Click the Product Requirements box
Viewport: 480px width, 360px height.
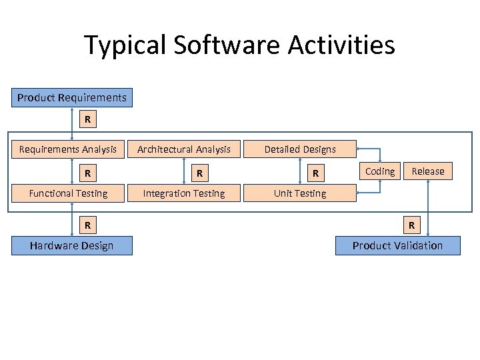(72, 98)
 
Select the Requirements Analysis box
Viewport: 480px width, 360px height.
(67, 149)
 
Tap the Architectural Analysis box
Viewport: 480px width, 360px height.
(183, 149)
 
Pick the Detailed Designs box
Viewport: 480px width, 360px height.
(300, 149)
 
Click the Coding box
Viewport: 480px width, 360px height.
(380, 171)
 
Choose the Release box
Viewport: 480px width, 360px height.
(427, 171)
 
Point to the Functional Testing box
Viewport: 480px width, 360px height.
(67, 193)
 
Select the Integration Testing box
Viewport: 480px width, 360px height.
(183, 193)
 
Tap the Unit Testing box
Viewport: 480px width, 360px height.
(300, 193)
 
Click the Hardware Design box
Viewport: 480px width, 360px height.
(72, 245)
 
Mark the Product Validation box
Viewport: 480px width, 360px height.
(397, 245)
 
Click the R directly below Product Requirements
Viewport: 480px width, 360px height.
(86, 121)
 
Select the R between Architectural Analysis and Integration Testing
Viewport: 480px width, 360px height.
(198, 174)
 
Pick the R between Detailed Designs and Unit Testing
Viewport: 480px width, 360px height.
(317, 174)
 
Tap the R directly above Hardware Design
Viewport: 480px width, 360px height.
(86, 225)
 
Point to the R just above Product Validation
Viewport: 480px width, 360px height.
(411, 225)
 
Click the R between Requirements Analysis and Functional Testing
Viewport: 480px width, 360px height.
(86, 174)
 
